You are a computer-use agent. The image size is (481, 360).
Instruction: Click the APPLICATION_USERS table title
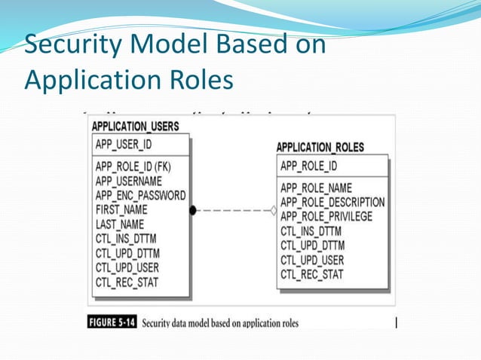(136, 127)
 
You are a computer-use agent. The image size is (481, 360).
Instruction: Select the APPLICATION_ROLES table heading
(320, 148)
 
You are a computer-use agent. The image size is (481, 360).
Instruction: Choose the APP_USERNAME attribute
(129, 181)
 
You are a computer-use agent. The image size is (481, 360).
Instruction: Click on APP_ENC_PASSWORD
(141, 195)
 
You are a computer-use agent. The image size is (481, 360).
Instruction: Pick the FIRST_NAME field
(122, 209)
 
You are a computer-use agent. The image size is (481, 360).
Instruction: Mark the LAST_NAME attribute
(120, 224)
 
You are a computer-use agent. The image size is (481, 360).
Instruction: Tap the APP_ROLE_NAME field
(316, 188)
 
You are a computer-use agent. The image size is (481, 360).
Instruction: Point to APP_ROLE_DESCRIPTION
(332, 203)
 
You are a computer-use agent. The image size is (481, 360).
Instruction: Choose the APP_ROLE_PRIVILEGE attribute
(326, 217)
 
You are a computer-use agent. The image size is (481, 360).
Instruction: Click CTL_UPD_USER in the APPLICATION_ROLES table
(312, 261)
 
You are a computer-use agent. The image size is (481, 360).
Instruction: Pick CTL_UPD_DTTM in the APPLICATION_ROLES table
(312, 246)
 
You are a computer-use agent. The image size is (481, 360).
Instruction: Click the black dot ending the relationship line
(193, 211)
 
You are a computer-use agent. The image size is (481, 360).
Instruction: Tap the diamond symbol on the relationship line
(273, 211)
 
